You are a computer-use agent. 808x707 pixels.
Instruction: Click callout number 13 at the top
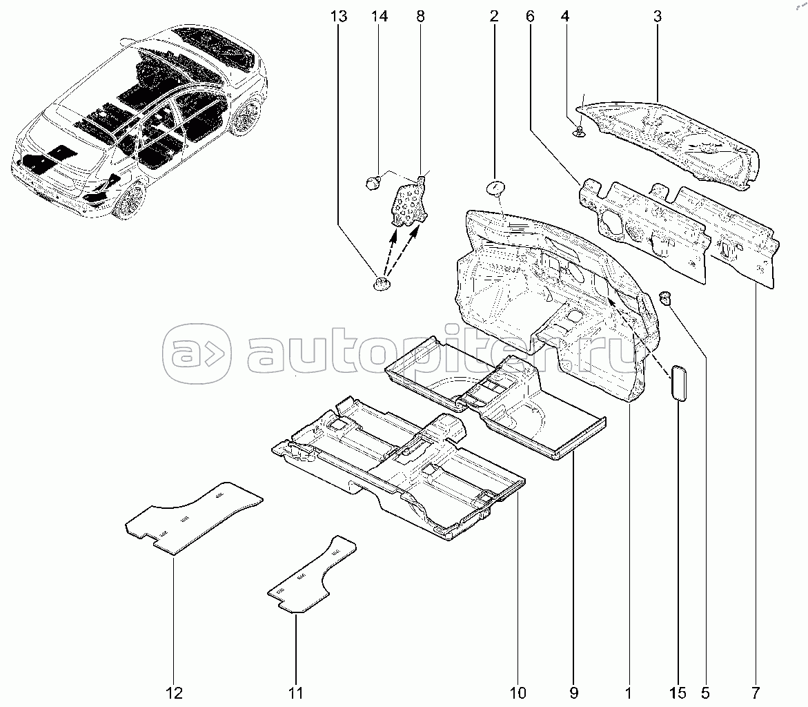click(339, 17)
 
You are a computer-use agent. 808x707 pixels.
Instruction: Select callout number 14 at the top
click(380, 17)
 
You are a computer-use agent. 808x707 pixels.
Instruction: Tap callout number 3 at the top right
click(658, 17)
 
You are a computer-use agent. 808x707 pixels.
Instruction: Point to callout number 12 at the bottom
click(175, 693)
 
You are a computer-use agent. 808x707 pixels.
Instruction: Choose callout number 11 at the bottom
click(296, 693)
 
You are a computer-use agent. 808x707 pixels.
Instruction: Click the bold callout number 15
click(678, 693)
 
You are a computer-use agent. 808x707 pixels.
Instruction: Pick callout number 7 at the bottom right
click(756, 693)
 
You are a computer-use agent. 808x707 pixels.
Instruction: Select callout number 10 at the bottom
click(518, 693)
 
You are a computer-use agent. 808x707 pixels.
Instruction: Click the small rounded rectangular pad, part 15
click(678, 382)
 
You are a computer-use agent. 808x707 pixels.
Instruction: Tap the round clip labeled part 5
click(667, 298)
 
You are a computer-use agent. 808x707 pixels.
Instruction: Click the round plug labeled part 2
click(495, 188)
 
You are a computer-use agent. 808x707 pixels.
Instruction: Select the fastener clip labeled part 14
click(373, 182)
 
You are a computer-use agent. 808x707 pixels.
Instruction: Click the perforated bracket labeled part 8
click(410, 202)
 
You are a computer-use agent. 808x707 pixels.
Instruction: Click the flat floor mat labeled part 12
click(195, 518)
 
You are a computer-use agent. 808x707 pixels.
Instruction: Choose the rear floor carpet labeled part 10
click(400, 467)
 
